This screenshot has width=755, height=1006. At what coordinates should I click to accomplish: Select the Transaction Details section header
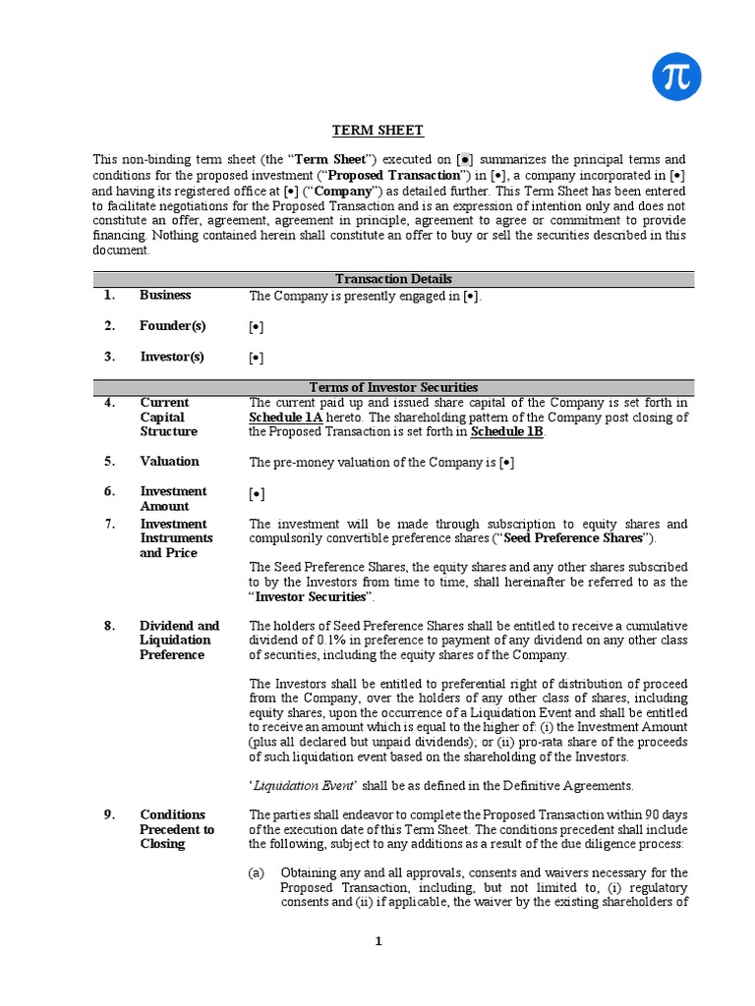click(393, 279)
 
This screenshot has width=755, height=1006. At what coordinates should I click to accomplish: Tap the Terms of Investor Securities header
click(393, 387)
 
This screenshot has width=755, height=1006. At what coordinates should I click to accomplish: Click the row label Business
click(165, 295)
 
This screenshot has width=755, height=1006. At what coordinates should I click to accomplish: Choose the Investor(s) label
click(172, 358)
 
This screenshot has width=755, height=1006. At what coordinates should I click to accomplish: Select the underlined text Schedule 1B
click(506, 431)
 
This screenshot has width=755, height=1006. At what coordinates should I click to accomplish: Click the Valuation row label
click(169, 461)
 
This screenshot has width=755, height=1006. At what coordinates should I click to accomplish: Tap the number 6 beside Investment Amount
click(110, 491)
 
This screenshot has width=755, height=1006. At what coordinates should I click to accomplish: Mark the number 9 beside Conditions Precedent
click(110, 814)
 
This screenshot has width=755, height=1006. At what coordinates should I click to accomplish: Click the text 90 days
click(662, 814)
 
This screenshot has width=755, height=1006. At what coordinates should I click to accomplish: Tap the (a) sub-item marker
click(259, 872)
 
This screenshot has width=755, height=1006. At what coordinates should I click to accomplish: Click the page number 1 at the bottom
click(377, 941)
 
